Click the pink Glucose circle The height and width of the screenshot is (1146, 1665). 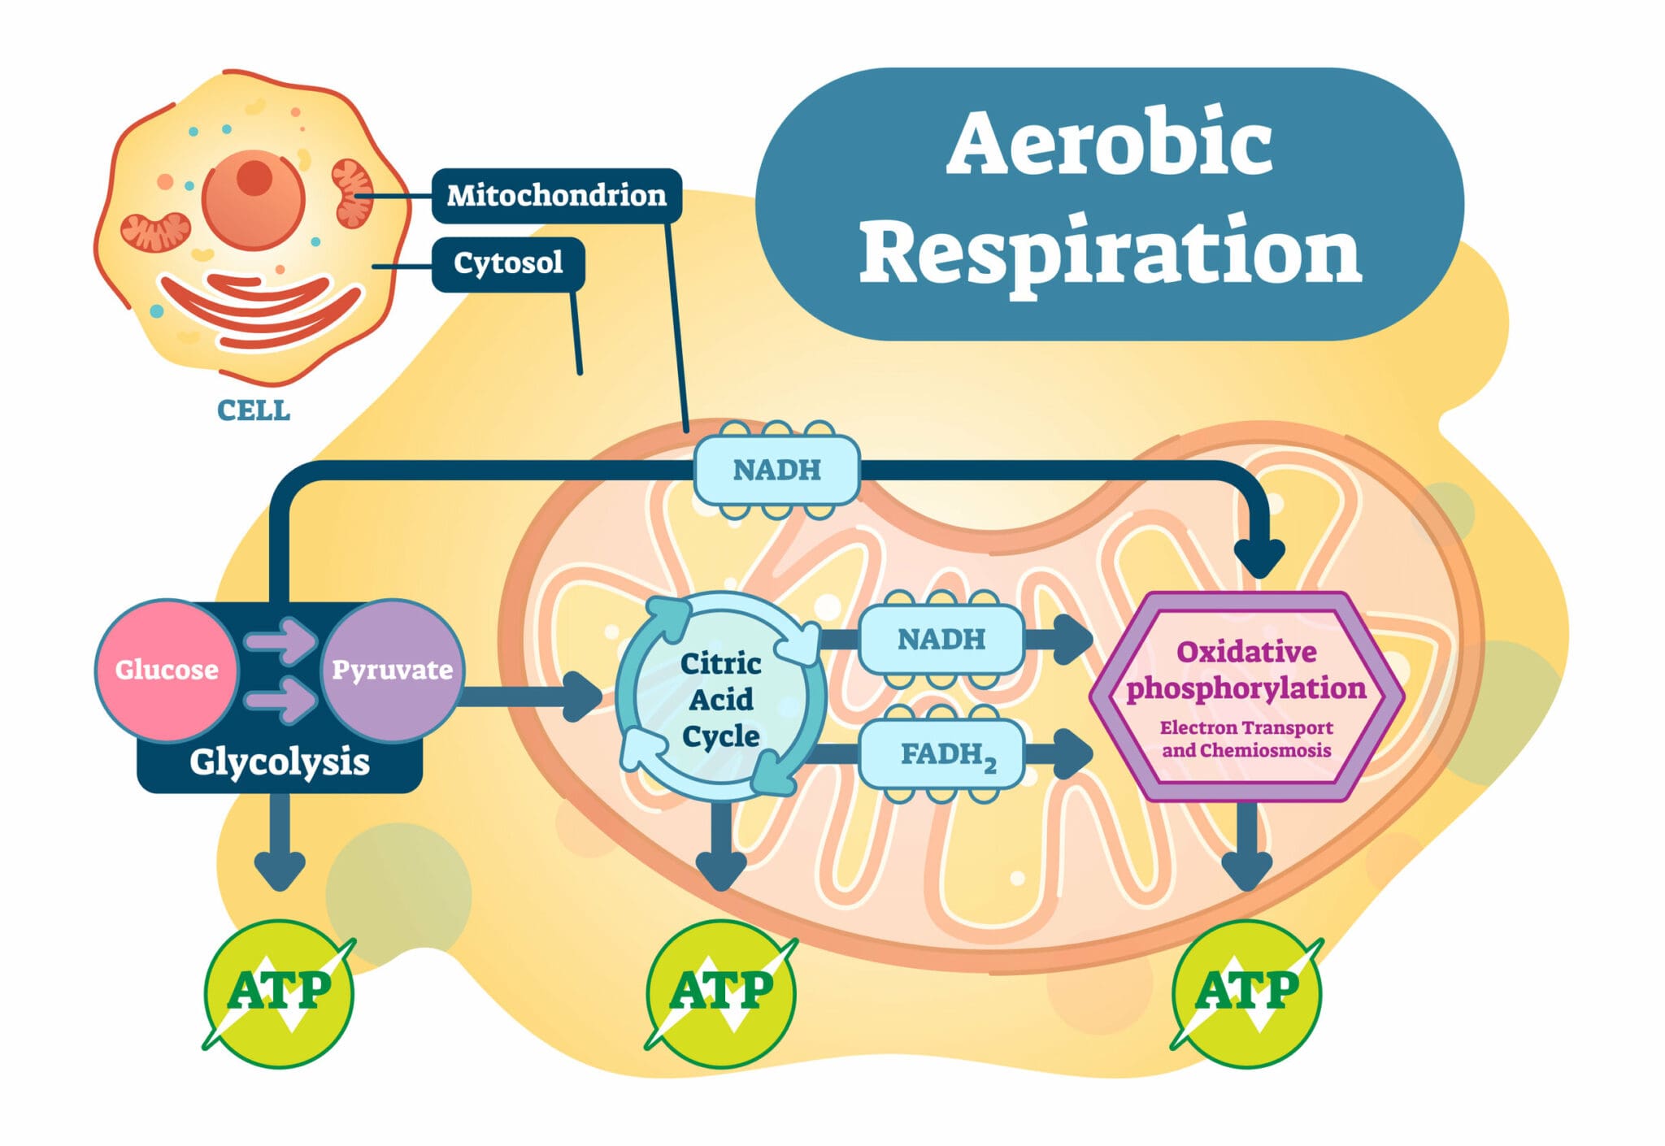click(x=167, y=670)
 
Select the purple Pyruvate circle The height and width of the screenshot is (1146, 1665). click(x=392, y=670)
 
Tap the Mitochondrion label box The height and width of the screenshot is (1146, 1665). click(x=556, y=195)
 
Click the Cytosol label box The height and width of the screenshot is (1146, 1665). click(x=508, y=263)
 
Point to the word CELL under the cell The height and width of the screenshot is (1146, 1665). click(x=253, y=410)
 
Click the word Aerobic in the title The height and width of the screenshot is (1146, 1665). click(x=1109, y=144)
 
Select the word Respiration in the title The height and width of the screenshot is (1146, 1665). click(x=1109, y=252)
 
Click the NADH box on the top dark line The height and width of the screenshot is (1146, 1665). click(x=776, y=470)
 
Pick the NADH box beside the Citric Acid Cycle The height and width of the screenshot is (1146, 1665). click(x=941, y=640)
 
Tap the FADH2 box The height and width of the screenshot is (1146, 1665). click(x=943, y=754)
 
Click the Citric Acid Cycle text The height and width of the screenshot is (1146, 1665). click(x=720, y=700)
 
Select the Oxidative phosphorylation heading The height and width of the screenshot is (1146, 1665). click(x=1245, y=670)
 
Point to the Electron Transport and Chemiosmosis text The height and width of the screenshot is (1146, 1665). click(x=1245, y=739)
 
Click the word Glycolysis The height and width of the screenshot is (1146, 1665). click(x=279, y=762)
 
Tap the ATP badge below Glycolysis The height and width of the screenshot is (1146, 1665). click(x=279, y=992)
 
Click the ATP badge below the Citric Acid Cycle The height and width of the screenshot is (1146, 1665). click(x=721, y=992)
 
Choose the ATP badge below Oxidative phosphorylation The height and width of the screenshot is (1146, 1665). click(x=1246, y=992)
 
